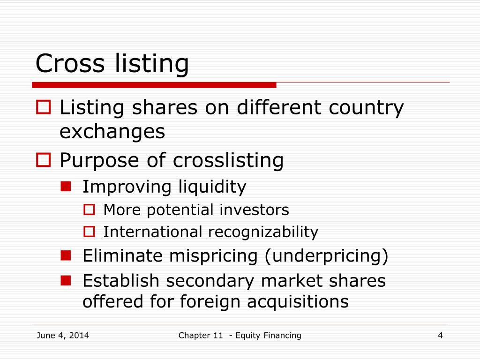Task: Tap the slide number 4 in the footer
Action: click(440, 335)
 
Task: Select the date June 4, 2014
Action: click(63, 335)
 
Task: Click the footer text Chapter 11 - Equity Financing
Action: click(240, 335)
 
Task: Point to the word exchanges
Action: click(112, 132)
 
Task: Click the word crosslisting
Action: click(228, 160)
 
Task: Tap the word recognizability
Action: click(263, 232)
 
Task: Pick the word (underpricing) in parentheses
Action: click(327, 256)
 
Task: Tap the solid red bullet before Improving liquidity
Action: click(66, 187)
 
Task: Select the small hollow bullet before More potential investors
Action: click(89, 210)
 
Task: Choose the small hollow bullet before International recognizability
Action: click(89, 232)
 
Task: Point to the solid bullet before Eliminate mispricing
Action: click(66, 256)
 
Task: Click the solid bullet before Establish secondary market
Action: click(66, 280)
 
